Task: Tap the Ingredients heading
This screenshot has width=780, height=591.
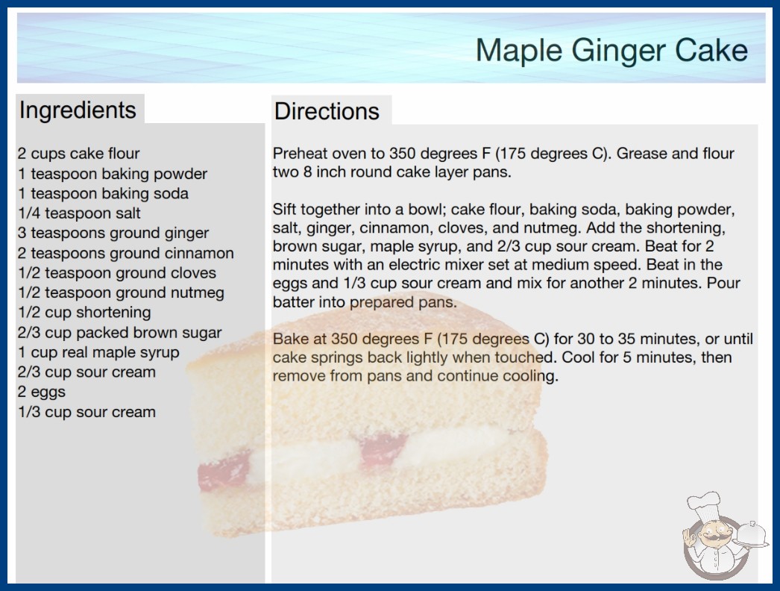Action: coord(78,110)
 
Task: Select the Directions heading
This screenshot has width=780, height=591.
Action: coord(327,111)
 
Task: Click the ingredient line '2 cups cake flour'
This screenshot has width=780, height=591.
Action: coord(78,154)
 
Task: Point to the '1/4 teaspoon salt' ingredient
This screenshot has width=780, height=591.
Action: coord(79,213)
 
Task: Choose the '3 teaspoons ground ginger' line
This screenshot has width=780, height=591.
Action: coord(113,233)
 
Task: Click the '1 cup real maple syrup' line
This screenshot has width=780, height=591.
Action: coord(98,352)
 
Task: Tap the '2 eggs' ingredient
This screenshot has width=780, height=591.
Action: coord(41,393)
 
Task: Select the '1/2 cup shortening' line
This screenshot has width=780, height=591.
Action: coord(84,313)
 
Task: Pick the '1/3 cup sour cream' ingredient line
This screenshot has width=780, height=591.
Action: coord(87,412)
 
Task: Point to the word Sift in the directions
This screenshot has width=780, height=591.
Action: coord(284,209)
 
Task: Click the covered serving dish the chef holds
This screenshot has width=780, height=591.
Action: coord(752,535)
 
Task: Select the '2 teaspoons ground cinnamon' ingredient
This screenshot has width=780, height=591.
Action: coord(125,253)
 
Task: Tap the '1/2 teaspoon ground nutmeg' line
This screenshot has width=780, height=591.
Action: coord(121,293)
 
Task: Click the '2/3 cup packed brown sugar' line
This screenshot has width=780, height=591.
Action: coord(119,333)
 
